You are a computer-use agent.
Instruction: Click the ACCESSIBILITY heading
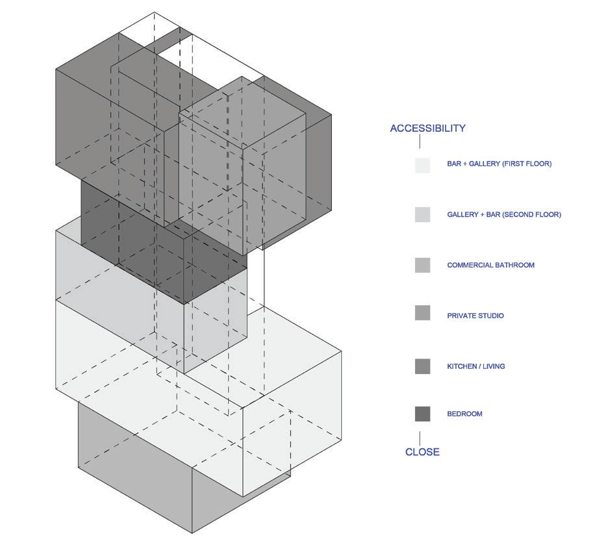[x=427, y=129]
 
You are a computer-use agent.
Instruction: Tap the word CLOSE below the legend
[x=422, y=452]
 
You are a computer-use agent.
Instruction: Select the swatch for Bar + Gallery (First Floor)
[x=422, y=164]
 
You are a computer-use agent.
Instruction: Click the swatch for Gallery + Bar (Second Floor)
[x=422, y=215]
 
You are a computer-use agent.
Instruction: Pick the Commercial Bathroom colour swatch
[x=422, y=266]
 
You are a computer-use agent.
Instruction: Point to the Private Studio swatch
[x=422, y=313]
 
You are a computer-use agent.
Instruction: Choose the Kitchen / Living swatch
[x=422, y=366]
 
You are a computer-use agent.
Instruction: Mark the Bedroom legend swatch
[x=422, y=414]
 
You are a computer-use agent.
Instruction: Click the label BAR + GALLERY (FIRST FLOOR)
[x=499, y=164]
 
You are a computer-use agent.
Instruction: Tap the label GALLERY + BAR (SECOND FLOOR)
[x=503, y=215]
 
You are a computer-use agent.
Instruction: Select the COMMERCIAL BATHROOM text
[x=490, y=266]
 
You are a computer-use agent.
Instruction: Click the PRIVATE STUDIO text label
[x=475, y=316]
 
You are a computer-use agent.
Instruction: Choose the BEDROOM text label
[x=464, y=414]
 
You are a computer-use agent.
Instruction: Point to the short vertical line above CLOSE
[x=420, y=438]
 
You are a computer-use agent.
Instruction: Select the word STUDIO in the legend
[x=490, y=316]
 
